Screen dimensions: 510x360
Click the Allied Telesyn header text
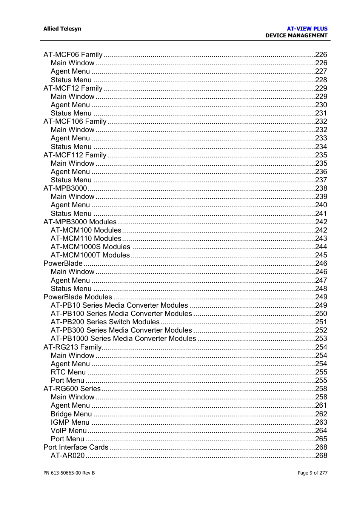coord(62,29)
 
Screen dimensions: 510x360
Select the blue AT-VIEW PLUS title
coord(307,29)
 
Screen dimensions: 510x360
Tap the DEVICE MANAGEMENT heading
coord(296,35)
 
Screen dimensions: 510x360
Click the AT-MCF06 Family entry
coord(73,55)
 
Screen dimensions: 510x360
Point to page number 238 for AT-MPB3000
coord(321,188)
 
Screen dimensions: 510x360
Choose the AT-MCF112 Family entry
coord(75,155)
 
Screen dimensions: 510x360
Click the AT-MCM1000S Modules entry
coord(91,247)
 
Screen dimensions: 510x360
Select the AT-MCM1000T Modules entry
coord(90,255)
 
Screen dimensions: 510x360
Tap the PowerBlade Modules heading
coord(78,297)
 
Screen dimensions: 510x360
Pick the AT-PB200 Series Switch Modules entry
coord(105,322)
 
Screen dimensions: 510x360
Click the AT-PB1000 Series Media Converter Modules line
coord(123,339)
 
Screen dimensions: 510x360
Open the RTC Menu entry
coord(68,372)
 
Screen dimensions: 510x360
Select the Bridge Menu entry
coord(71,414)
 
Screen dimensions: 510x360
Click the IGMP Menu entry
coord(70,422)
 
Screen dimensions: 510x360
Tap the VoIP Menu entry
coord(69,431)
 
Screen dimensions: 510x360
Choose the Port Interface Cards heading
coord(76,447)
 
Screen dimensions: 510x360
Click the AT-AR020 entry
coord(68,456)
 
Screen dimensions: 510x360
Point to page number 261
coord(321,405)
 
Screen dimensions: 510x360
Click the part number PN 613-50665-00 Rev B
coord(69,473)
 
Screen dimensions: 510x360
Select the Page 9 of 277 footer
coord(312,473)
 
